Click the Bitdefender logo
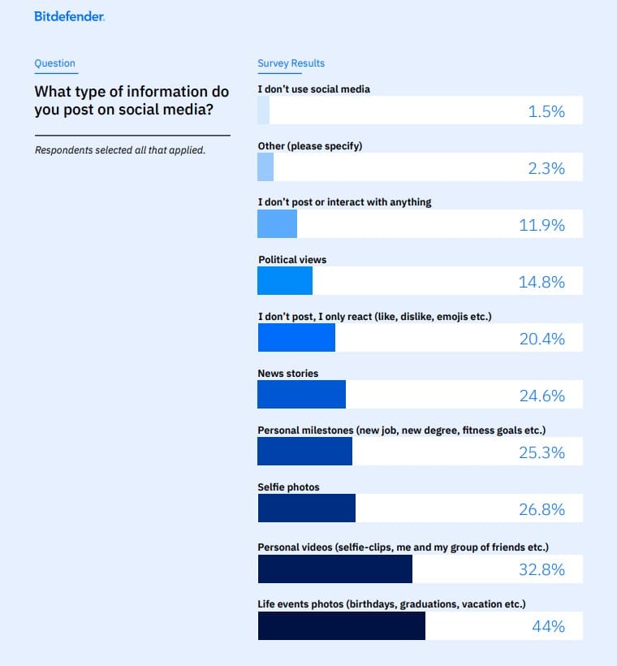coord(69,16)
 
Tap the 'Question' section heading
coord(54,63)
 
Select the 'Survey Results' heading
coord(291,63)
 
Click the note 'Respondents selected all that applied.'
coord(119,149)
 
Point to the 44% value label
coord(548,626)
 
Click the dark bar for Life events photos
coord(341,626)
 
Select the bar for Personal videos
coord(334,569)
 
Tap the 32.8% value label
coord(541,569)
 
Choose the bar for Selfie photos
coord(306,508)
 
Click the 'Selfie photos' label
coord(288,487)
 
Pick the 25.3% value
coord(541,452)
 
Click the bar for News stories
coord(301,395)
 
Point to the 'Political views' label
coord(292,260)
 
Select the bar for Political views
coord(284,281)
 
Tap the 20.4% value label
coord(541,339)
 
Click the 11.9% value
coord(541,225)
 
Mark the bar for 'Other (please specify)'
coord(265,167)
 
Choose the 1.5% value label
coord(546,111)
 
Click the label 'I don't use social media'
coord(313,89)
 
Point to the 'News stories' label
coord(287,374)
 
